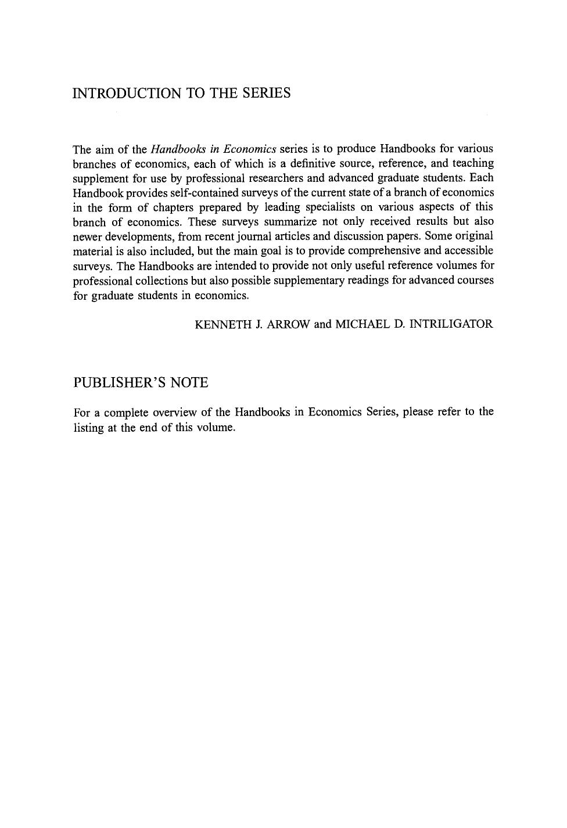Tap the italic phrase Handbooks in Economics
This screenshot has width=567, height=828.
213,149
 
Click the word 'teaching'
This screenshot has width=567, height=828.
473,163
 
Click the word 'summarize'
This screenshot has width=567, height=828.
290,221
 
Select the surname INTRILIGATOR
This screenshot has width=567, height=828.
451,324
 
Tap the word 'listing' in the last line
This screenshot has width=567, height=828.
88,428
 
